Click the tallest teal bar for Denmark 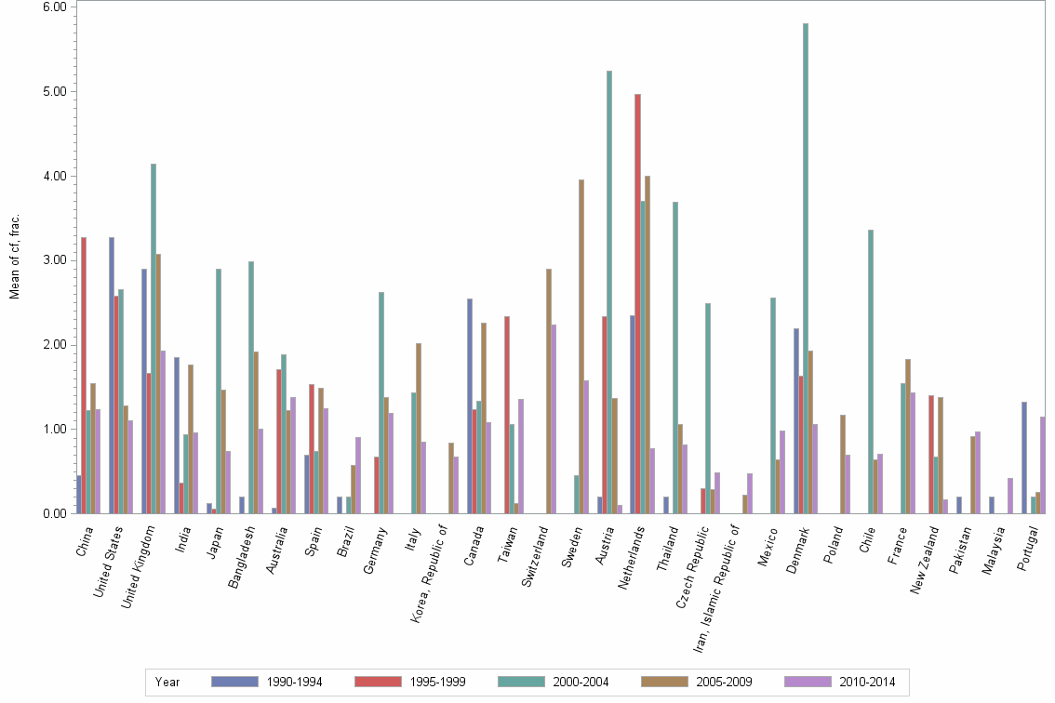[806, 269]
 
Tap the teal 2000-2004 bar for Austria [609, 292]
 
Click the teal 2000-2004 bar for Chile [871, 372]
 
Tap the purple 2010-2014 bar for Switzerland [554, 418]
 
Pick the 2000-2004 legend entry [554, 683]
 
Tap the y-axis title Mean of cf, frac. [15, 257]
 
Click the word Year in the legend [168, 683]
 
